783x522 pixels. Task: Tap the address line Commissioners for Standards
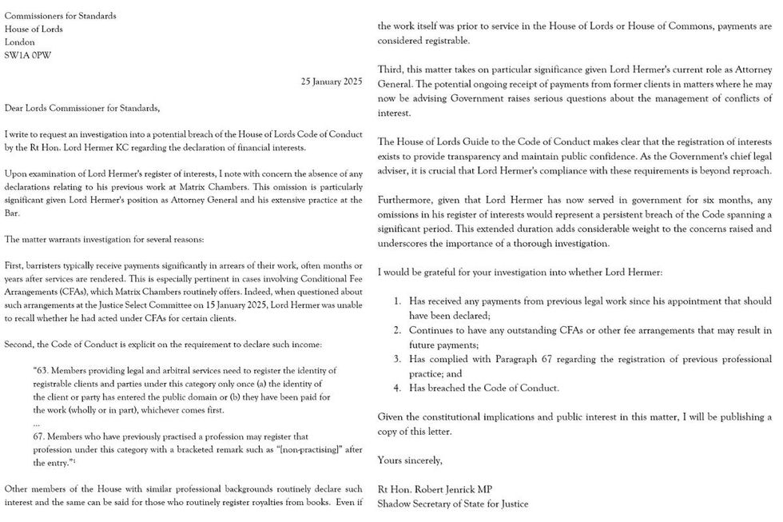click(60, 15)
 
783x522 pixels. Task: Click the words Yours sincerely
click(409, 460)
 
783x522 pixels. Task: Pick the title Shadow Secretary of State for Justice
click(452, 504)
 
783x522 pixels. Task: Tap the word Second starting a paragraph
click(20, 345)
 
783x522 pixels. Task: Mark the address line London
click(20, 42)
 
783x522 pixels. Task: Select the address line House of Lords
click(34, 29)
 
